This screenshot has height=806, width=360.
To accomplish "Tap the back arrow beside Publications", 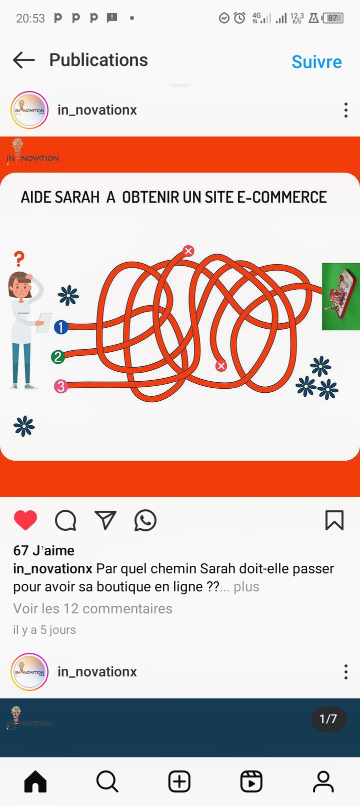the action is coord(23,60).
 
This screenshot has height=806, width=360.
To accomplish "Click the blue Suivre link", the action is coord(316,62).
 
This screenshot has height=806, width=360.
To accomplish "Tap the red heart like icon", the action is coord(25,520).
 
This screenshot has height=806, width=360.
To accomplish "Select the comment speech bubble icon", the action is coord(65,520).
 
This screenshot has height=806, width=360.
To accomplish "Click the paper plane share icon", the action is coord(105,520).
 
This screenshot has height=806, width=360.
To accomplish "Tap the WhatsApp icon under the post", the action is coord(145,520).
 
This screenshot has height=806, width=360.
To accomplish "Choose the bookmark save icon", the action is coord(334,520).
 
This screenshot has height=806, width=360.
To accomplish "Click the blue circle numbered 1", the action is coord(61,327).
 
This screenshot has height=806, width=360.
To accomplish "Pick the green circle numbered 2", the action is coord(58,357).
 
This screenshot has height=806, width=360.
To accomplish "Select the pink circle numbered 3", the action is coord(61,386).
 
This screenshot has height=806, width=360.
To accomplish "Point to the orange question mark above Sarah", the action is coord(19,259).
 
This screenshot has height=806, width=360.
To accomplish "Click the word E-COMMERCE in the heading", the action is coord(282,197).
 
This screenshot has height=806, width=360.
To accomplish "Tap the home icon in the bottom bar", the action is coord(35,782).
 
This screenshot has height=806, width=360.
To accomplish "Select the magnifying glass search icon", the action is coord(107,782).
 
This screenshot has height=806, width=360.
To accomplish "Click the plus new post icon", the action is coord(179,782).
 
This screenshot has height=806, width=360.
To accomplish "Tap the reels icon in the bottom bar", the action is coord(251,782).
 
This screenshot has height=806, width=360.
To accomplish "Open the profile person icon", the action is coord(323,782).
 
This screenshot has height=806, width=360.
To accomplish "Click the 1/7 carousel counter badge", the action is coord(328,719).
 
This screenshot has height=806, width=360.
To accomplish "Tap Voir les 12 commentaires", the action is coord(93,608).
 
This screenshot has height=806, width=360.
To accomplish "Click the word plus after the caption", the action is coord(246,587).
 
